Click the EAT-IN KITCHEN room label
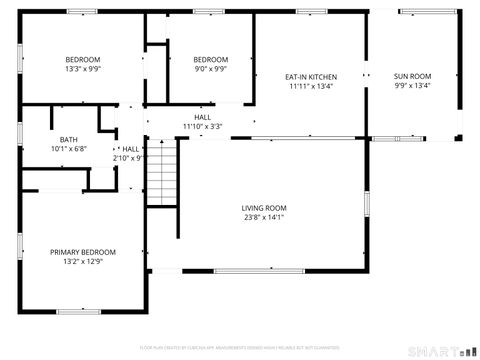310,77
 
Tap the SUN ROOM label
412,77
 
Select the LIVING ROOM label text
264,208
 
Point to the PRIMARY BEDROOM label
83,252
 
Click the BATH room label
68,139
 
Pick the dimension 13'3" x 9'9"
83,69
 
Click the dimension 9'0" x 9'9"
210,69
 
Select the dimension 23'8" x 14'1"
264,218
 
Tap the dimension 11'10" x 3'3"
202,127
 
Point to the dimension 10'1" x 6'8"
68,149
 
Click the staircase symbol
162,172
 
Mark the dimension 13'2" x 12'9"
83,262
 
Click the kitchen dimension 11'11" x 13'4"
310,87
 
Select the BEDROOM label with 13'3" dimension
83,59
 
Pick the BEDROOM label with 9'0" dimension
210,59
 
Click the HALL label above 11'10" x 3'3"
202,117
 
